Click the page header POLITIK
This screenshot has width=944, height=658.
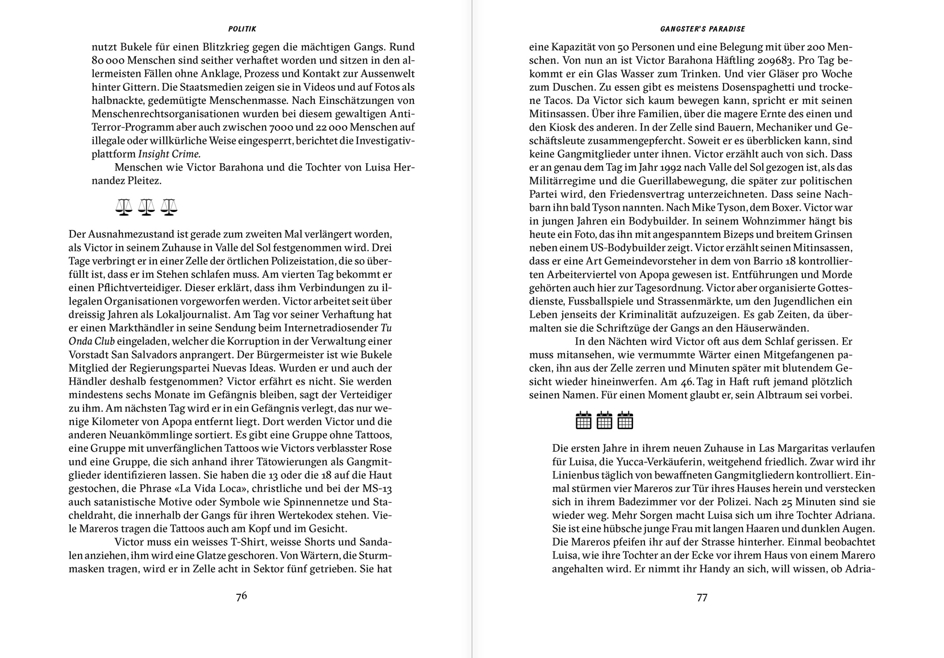pos(242,29)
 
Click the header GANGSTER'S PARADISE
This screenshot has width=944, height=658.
pos(702,29)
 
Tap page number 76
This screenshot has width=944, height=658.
pos(241,596)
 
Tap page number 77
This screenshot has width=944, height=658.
pos(702,597)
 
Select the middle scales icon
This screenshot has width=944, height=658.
pos(147,207)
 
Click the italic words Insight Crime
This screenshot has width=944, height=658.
pos(169,154)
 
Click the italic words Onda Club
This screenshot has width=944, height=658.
pos(92,341)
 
